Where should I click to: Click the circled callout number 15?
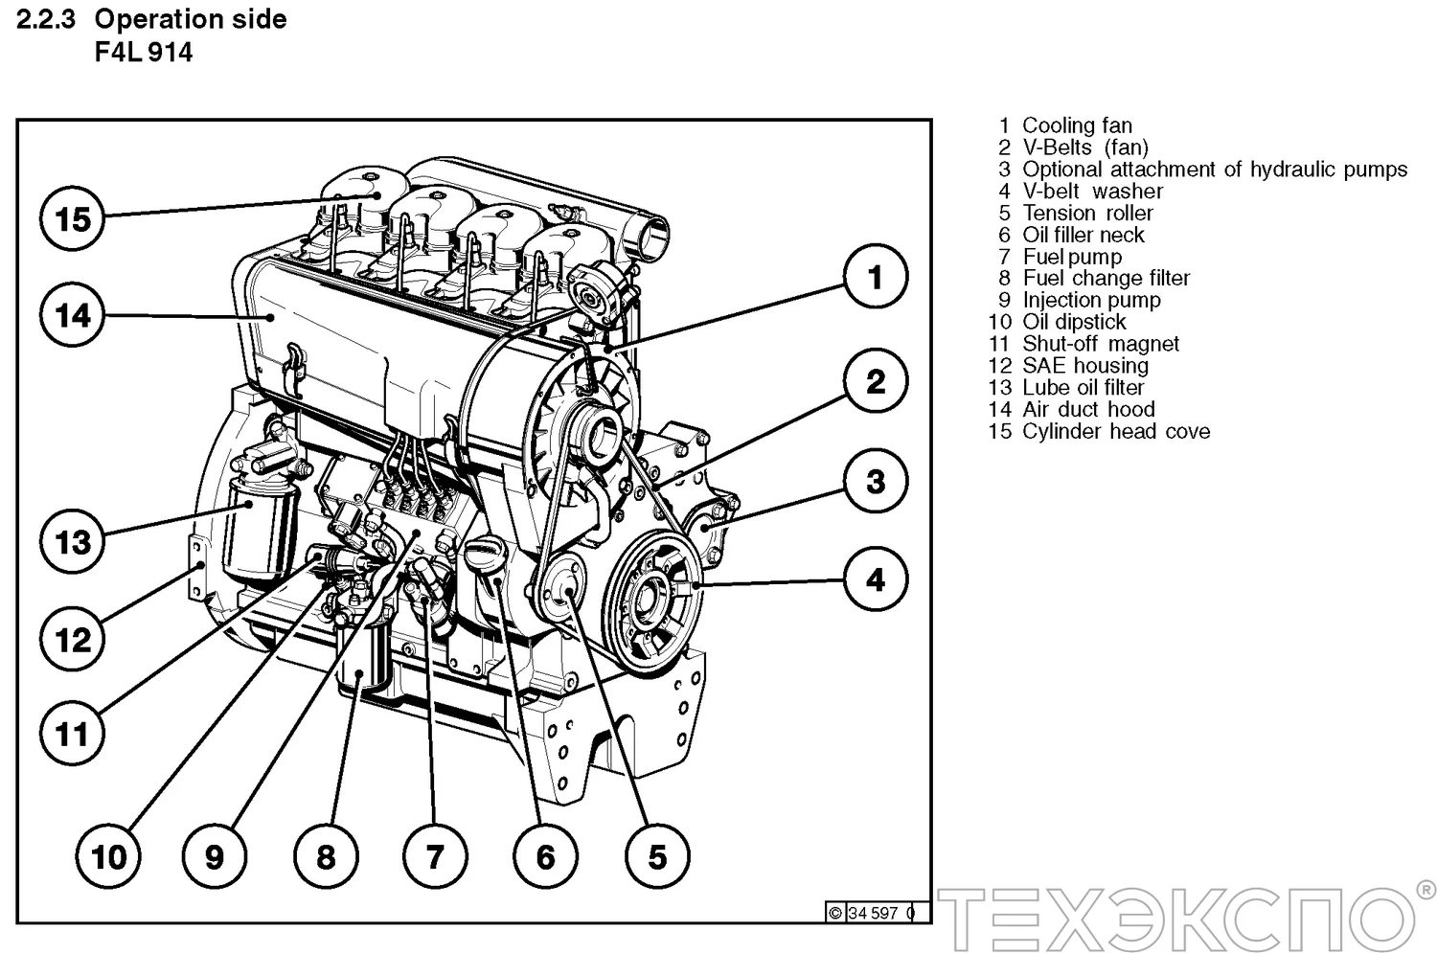coord(73,218)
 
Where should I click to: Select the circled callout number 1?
coord(875,277)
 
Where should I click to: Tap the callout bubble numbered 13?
coord(73,541)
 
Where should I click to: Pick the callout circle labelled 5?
coord(657,855)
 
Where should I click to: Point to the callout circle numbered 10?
coord(108,855)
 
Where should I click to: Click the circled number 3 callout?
coord(875,481)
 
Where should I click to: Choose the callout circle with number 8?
coord(326,855)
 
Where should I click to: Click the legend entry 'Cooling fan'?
coord(1077,125)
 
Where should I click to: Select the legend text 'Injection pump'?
coord(1091,300)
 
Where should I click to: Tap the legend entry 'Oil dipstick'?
coord(1074,322)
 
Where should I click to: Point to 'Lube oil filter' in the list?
coord(1083,387)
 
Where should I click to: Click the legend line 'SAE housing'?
coord(1084,365)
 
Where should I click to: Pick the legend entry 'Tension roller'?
coord(1087,213)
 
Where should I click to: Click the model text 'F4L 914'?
coord(144,53)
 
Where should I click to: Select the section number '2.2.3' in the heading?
coord(45,19)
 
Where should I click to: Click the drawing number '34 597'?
coord(873,913)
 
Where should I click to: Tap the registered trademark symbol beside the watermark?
coord(1426,891)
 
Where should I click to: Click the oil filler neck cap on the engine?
coord(484,553)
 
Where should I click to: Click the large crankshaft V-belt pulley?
coord(656,597)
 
